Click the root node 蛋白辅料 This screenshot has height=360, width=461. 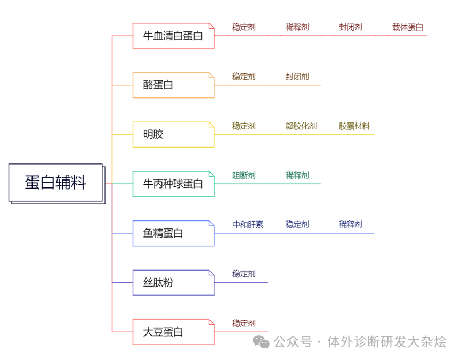55,183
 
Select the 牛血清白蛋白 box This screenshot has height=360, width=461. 173,36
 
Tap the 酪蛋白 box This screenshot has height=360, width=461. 173,85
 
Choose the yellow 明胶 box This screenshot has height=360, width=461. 173,134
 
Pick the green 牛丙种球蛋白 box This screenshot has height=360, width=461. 173,184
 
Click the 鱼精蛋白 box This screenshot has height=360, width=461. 173,233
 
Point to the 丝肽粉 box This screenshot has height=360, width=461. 173,282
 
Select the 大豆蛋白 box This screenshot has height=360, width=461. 173,332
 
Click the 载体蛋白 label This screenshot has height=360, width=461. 408,27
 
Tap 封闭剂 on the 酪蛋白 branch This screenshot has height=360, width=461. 297,77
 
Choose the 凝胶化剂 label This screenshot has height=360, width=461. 301,126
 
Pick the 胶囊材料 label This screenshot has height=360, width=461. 354,126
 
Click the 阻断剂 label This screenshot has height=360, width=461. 244,175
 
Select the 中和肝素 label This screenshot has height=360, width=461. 248,224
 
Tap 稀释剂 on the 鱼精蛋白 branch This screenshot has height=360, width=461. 350,224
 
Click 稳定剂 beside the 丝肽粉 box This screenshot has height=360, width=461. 244,274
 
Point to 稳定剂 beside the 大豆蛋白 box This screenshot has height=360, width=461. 244,323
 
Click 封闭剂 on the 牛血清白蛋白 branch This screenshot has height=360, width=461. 350,27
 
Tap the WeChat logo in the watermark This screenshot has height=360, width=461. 261,341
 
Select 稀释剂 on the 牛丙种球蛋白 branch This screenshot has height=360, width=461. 297,175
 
